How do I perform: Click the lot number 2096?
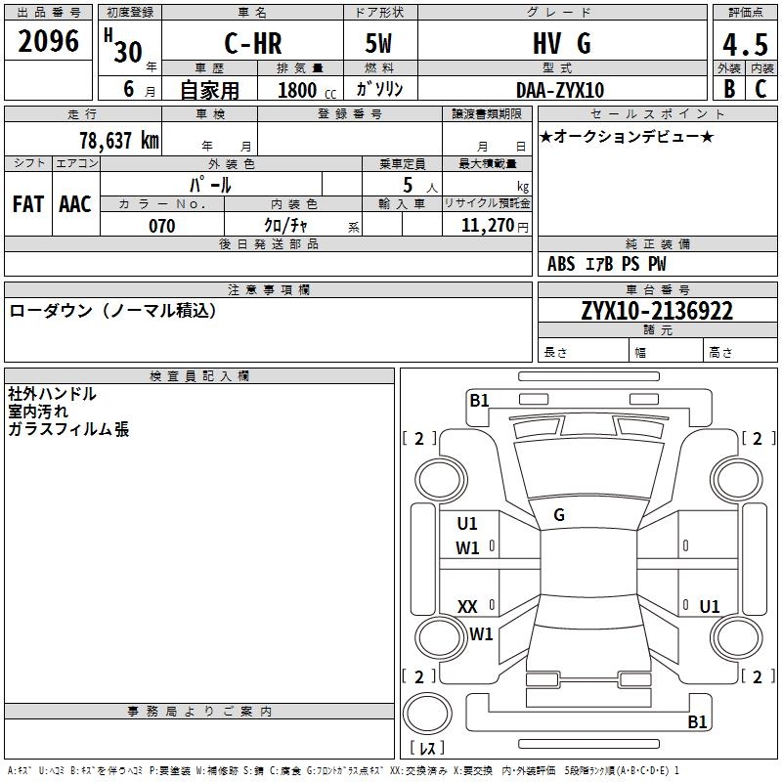click(x=49, y=41)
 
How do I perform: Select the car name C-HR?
click(x=252, y=43)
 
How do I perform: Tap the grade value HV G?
click(x=561, y=43)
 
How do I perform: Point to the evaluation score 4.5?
click(x=743, y=45)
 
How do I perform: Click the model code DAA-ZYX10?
click(x=560, y=90)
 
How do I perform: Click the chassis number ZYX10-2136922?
click(x=656, y=311)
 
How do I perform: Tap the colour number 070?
click(x=161, y=226)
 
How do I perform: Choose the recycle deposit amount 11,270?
click(x=487, y=226)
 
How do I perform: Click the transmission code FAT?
click(x=28, y=203)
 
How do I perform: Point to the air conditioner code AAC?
click(x=75, y=203)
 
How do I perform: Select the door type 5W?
click(x=380, y=43)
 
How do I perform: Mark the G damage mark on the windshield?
click(x=559, y=514)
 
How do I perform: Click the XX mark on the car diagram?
click(x=467, y=607)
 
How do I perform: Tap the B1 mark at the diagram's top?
click(x=479, y=400)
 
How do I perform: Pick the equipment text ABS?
click(x=561, y=264)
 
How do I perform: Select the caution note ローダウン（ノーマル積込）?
click(x=112, y=311)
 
